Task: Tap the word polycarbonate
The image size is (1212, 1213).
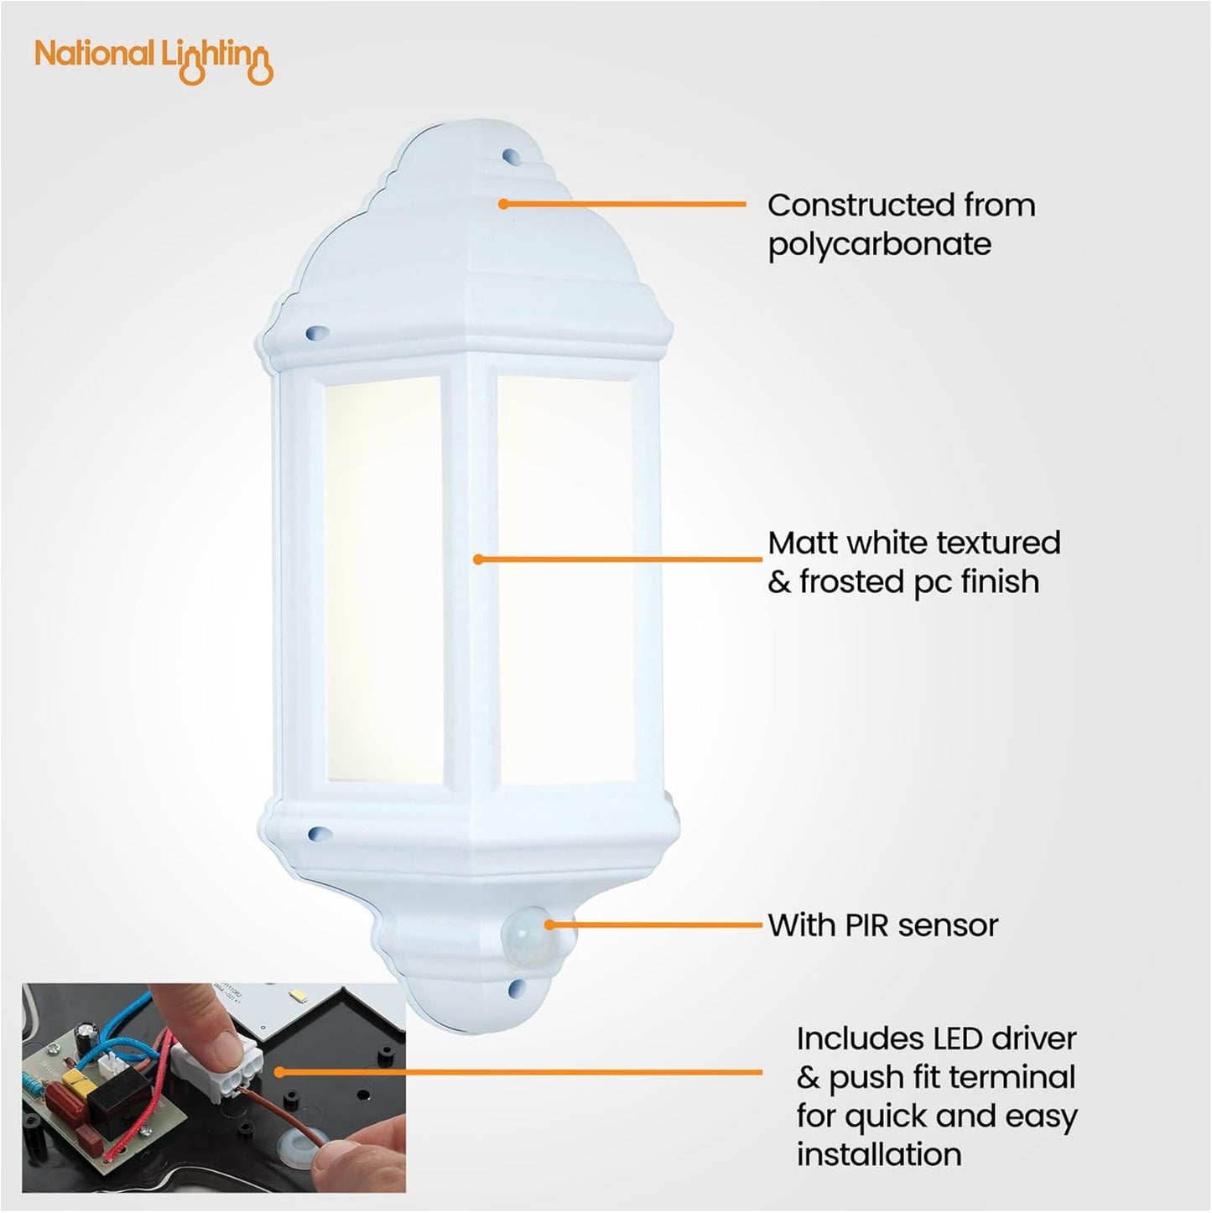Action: [x=880, y=245]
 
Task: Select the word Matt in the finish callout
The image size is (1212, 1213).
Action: [x=803, y=543]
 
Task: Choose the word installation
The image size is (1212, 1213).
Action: [x=879, y=1154]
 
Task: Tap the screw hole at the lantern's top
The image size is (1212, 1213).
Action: [x=507, y=155]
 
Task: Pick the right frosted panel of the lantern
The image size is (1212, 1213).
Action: [x=564, y=579]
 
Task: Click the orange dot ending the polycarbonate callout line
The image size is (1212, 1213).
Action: [x=503, y=203]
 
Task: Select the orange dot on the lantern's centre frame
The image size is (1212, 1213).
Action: [x=478, y=559]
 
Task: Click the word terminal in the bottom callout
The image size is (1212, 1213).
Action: [x=1014, y=1078]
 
